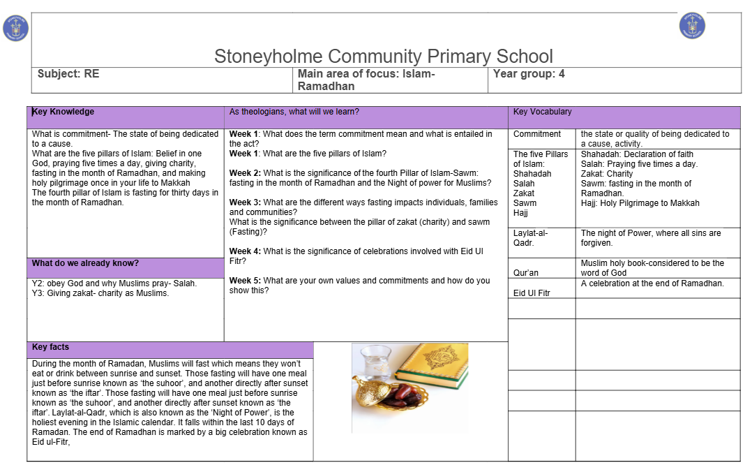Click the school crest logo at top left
(x=15, y=27)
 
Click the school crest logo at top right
(x=691, y=26)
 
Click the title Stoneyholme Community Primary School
(x=383, y=57)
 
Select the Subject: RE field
(x=68, y=73)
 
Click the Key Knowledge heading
(x=63, y=112)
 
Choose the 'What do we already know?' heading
(x=85, y=263)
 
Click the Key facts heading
(x=50, y=347)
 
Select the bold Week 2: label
(x=245, y=173)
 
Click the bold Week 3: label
(x=245, y=202)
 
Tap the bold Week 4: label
(x=245, y=251)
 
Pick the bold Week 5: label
(x=245, y=281)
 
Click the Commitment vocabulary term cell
(x=537, y=134)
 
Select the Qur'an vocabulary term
(x=526, y=273)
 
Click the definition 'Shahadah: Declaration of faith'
(x=637, y=154)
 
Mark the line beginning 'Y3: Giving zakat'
(x=100, y=293)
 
